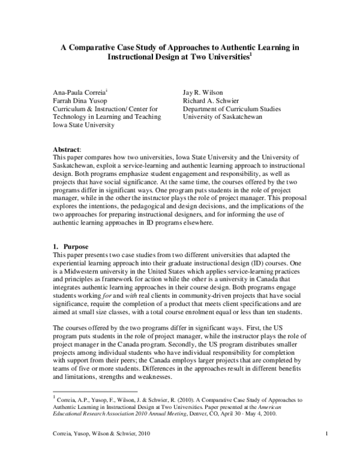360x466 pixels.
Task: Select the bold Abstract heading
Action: point(68,148)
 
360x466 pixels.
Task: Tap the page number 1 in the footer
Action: point(325,450)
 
